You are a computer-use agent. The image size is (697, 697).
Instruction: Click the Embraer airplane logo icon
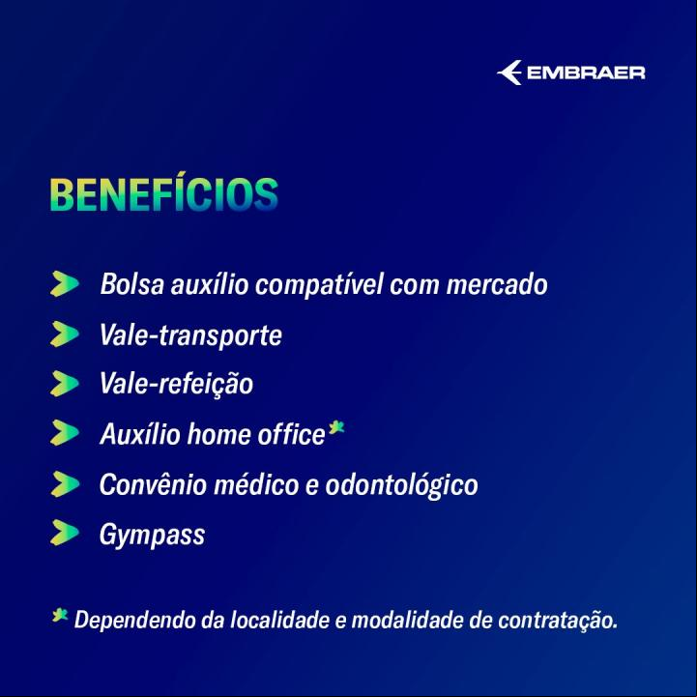coord(509,73)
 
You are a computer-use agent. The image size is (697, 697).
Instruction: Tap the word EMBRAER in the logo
coord(586,73)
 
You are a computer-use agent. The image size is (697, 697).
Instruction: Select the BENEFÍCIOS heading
coord(164,193)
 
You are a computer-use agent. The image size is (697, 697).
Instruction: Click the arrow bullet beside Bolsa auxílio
coord(65,283)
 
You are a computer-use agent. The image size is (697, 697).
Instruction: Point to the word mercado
coord(497,284)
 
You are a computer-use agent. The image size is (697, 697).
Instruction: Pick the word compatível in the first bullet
coord(319,284)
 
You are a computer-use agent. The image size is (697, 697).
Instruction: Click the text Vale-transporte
coord(190,334)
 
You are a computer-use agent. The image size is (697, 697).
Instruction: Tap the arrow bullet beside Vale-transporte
coord(65,334)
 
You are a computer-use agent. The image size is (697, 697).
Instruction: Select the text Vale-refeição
coord(177,384)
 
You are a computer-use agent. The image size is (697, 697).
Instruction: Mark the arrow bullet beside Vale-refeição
coord(65,383)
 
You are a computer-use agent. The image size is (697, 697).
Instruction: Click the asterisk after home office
coord(336,428)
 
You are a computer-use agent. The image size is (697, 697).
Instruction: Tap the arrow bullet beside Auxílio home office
coord(65,433)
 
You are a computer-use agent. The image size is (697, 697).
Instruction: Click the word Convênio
coord(153,484)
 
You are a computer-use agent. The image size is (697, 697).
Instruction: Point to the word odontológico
coord(402,484)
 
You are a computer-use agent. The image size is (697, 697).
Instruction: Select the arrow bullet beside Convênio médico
coord(65,484)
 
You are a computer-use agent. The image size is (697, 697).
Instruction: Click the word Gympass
coord(152,535)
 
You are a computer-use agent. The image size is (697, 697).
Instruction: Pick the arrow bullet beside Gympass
coord(65,533)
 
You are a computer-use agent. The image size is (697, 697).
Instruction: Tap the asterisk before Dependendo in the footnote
coord(60,615)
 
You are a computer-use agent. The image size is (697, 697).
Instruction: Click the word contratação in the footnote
coord(558,620)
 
